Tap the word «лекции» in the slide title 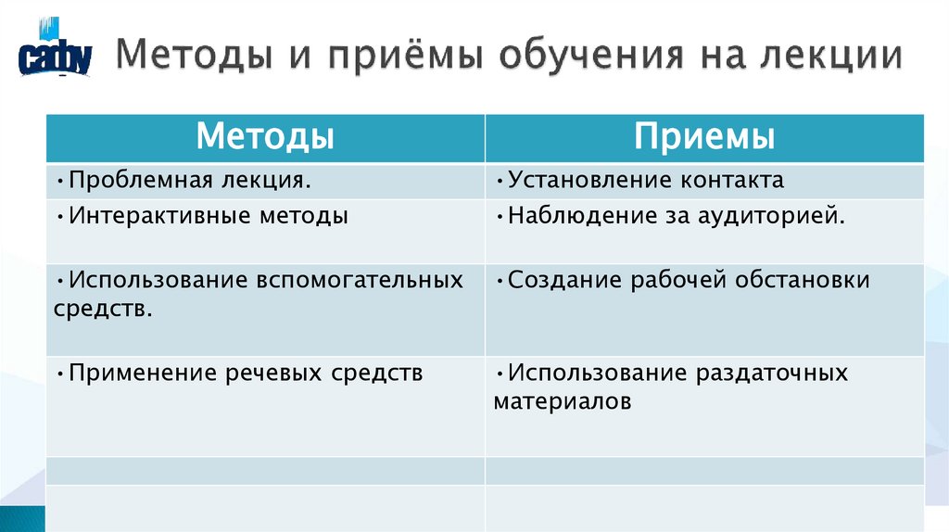(833, 55)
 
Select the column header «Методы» (265, 138)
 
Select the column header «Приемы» (704, 138)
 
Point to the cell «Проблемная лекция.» (189, 179)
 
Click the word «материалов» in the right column (563, 401)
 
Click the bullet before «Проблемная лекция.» (60, 179)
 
